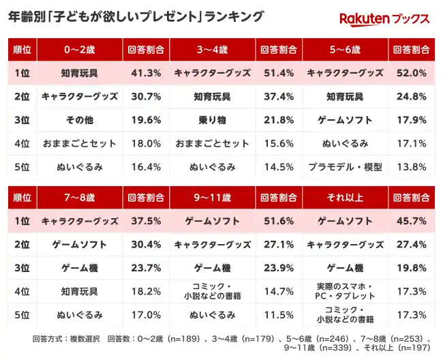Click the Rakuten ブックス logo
click(x=384, y=18)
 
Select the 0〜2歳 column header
click(x=79, y=49)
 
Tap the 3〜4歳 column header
click(x=212, y=49)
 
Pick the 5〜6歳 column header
click(x=345, y=49)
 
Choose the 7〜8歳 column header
click(x=79, y=198)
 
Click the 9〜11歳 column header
click(x=212, y=198)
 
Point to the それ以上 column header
click(x=345, y=198)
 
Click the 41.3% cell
click(x=145, y=73)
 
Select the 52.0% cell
click(x=412, y=73)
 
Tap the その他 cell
click(x=79, y=120)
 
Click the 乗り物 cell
click(x=212, y=120)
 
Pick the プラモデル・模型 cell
click(x=345, y=166)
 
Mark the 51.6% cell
click(x=278, y=222)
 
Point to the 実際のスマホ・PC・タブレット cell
click(x=345, y=291)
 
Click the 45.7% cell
click(x=412, y=222)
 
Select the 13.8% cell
click(x=412, y=166)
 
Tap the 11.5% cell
click(x=278, y=315)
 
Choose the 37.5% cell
click(x=145, y=222)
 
